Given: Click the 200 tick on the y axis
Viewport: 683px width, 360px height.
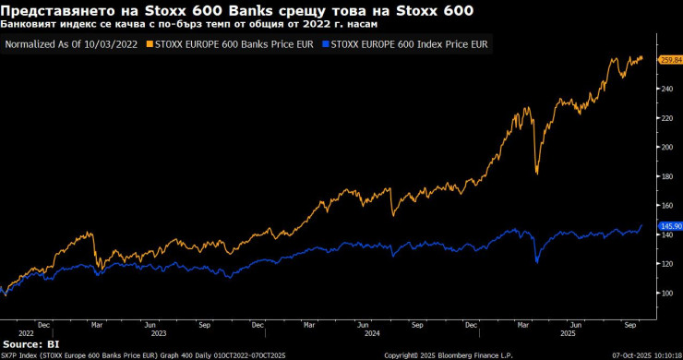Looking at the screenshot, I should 664,147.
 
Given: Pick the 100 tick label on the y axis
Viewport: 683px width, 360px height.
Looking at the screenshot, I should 664,293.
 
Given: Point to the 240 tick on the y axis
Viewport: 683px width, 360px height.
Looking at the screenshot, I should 664,89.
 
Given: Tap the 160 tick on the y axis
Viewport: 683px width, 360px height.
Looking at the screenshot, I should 664,205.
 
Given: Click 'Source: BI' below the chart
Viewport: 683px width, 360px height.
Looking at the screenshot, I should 30,343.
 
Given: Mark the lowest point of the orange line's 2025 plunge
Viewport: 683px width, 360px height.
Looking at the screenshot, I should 537,173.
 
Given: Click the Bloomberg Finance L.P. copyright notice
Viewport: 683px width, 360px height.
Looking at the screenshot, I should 447,354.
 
